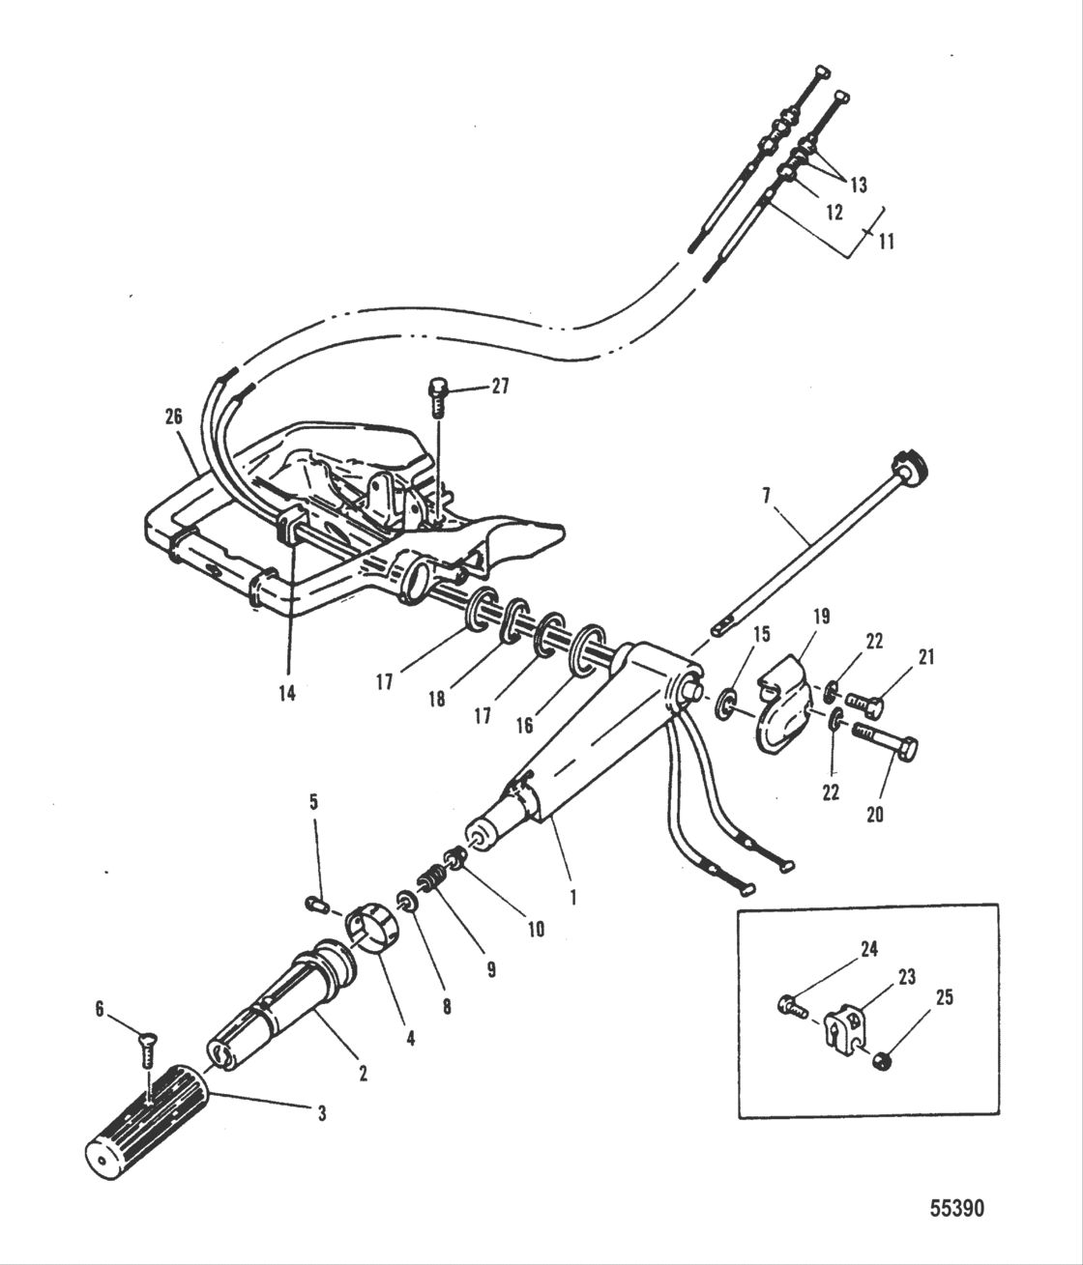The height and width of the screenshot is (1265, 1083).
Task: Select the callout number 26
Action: pos(174,418)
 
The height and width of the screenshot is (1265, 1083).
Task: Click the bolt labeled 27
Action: pos(437,395)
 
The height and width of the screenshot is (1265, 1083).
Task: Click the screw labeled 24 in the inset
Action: pos(794,1007)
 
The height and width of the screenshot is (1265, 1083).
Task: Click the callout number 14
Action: pos(286,693)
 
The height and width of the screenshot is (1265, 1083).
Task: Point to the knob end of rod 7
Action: pos(910,466)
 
